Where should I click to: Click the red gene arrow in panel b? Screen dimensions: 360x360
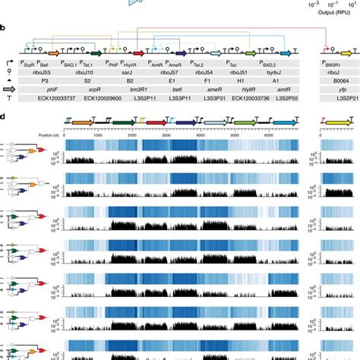(140, 52)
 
